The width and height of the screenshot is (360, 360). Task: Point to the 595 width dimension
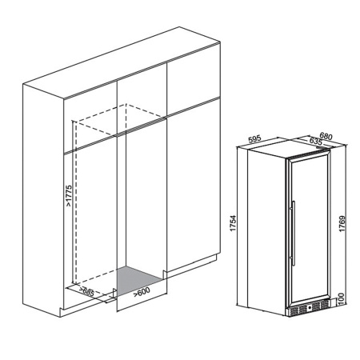click(256, 139)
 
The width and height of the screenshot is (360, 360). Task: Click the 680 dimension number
click(325, 135)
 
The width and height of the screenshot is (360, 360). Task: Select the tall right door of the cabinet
click(192, 184)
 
